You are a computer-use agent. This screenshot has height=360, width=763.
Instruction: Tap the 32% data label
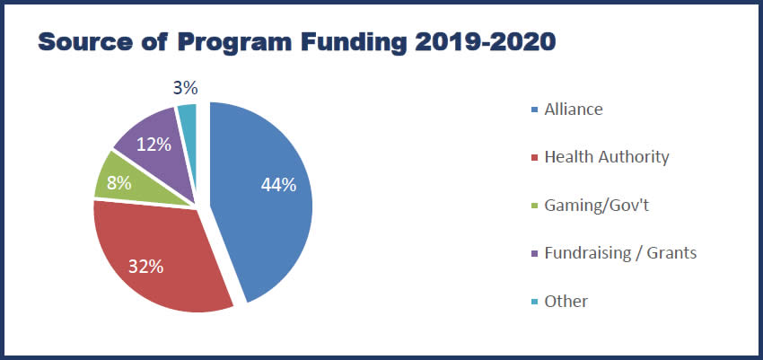coord(144,266)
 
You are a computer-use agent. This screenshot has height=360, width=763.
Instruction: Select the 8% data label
coord(118,182)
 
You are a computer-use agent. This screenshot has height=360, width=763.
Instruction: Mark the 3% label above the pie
coord(185,88)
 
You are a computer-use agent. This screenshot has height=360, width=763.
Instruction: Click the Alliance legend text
coord(574,110)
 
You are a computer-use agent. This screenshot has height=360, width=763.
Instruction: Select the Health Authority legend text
coord(607,157)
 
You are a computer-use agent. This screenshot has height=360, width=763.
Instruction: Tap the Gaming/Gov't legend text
coord(596,206)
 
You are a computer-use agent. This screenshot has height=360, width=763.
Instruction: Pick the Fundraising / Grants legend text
coord(620,253)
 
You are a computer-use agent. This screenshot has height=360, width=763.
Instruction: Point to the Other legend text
coord(566,302)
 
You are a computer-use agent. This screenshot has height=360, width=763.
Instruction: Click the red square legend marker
coord(536,158)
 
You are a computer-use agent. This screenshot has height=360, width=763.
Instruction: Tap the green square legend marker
coord(536,206)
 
